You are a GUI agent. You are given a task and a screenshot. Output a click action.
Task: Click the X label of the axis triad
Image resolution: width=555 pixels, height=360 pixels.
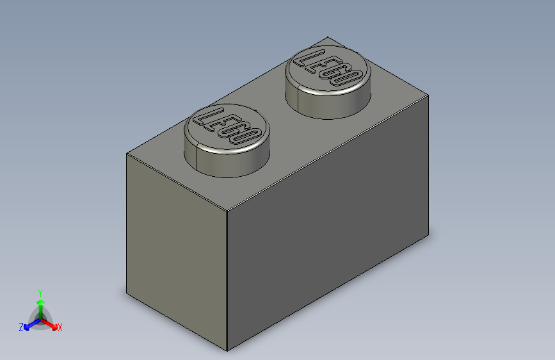click(60, 327)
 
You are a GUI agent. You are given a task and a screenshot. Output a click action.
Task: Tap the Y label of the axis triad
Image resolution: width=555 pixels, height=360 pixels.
click(40, 291)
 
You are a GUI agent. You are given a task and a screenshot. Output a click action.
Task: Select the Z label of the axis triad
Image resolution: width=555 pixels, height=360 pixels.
click(21, 327)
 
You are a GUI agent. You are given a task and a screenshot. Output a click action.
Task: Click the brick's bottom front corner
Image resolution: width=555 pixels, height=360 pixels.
click(227, 350)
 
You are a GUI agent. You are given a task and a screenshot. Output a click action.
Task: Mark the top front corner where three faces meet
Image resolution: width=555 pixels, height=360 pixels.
click(228, 210)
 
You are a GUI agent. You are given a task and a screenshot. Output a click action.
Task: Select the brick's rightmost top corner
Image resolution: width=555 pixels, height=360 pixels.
click(428, 95)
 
